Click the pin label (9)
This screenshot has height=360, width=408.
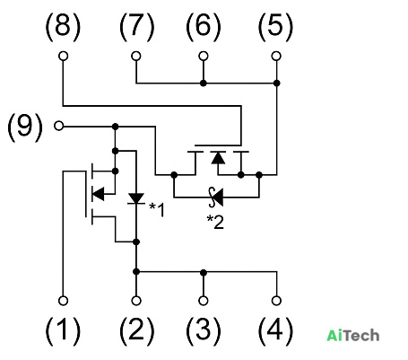coord(25,127)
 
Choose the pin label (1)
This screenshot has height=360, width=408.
coord(63,330)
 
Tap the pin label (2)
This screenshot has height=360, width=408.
coord(136,330)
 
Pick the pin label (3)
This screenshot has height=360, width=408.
coord(204,330)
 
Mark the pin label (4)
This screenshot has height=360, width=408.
coord(275,330)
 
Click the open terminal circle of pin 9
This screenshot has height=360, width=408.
coord(59,126)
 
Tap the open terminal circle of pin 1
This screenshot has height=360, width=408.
coord(63,301)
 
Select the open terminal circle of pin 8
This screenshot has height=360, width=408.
coord(63,56)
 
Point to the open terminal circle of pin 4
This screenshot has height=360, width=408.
coord(276,301)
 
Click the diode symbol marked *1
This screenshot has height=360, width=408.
coord(136,198)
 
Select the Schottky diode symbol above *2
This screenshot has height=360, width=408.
coord(216,198)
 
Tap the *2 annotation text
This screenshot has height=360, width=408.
coord(215,223)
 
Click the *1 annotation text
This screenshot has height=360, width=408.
coord(157,209)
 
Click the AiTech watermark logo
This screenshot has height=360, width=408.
coord(353,336)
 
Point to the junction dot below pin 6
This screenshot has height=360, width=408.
coord(204,83)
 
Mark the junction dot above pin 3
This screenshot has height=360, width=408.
coord(204,272)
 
